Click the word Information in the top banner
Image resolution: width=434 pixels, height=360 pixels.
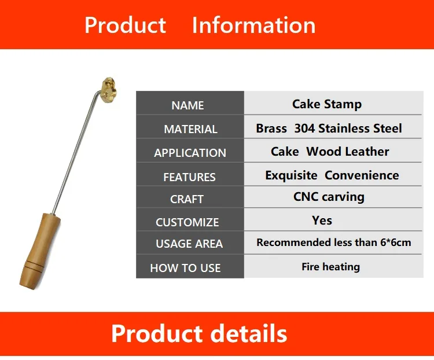[253, 25]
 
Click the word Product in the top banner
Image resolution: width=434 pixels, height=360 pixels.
[125, 25]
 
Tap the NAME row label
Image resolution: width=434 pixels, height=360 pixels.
[187, 105]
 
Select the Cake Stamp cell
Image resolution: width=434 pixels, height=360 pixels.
[327, 104]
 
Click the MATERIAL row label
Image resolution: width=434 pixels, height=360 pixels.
[190, 129]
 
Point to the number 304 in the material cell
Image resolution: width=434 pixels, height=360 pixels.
[304, 128]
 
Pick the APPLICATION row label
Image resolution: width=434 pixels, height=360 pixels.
[190, 153]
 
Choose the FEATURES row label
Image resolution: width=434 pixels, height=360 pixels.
[189, 177]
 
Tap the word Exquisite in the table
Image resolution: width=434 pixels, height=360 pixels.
[291, 175]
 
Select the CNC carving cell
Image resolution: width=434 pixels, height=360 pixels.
[329, 197]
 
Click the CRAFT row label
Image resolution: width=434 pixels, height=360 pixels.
[187, 199]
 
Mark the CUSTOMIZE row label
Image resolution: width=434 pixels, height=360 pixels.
[187, 222]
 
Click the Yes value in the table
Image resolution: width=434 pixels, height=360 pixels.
[322, 221]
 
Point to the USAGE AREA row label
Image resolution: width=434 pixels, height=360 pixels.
[189, 244]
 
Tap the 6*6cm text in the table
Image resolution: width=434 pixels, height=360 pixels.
[396, 243]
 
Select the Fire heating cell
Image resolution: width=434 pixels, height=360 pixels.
[331, 267]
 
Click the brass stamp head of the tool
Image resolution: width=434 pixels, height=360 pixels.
[110, 90]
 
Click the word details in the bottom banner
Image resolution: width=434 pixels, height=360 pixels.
[249, 333]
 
